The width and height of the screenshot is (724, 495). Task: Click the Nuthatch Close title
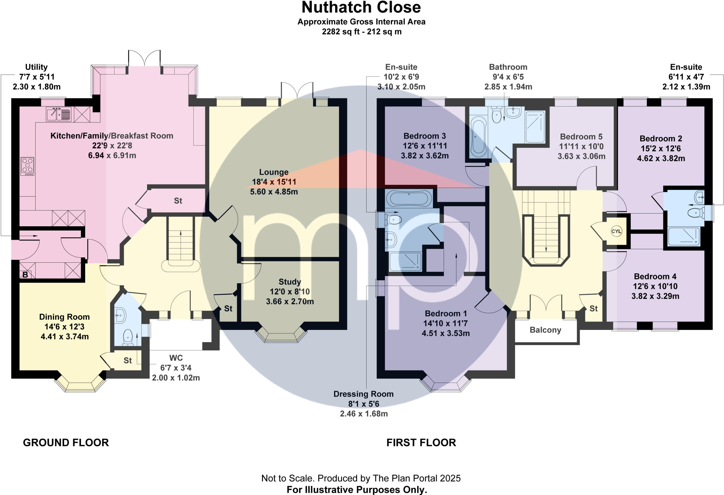(x=361, y=7)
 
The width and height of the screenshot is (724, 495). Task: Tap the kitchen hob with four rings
(x=28, y=166)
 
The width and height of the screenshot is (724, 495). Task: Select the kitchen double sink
(x=58, y=114)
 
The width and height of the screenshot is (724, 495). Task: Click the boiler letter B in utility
(x=25, y=274)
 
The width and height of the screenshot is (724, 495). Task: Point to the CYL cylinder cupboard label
(x=616, y=232)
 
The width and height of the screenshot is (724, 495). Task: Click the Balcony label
(x=545, y=330)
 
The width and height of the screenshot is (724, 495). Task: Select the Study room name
(x=290, y=282)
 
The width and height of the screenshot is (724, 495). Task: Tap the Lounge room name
(x=274, y=172)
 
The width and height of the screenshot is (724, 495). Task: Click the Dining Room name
(x=64, y=317)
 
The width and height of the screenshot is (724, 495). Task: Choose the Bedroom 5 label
(x=581, y=136)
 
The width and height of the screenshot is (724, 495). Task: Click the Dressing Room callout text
(x=363, y=394)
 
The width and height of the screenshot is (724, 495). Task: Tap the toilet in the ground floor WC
(x=127, y=337)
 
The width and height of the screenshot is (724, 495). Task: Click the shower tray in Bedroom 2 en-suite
(x=683, y=236)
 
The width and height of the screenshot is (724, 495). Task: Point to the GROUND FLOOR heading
(x=66, y=442)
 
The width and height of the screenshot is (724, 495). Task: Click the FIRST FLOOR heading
(x=421, y=442)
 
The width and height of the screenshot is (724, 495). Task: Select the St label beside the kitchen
(x=178, y=201)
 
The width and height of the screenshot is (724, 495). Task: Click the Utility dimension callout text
(x=36, y=77)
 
